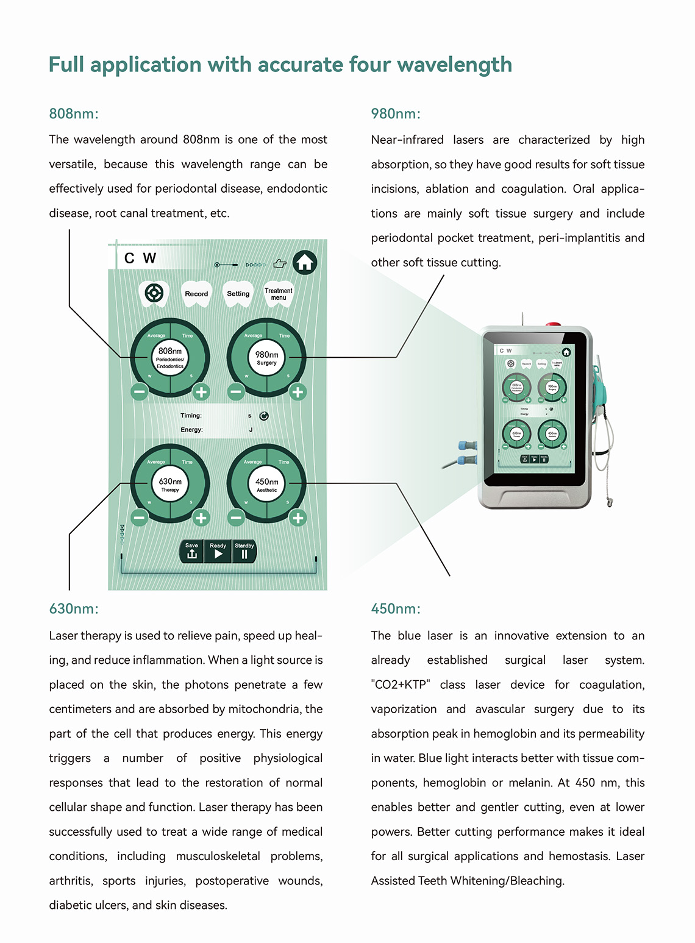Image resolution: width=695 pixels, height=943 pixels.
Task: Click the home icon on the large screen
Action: pyautogui.click(x=305, y=263)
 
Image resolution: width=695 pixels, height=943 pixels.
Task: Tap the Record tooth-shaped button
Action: pyautogui.click(x=196, y=294)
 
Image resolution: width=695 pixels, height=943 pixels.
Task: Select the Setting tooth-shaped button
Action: pyautogui.click(x=238, y=294)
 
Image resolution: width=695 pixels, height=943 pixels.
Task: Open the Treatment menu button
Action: pyautogui.click(x=279, y=294)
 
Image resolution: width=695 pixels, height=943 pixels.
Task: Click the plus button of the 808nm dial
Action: pyautogui.click(x=201, y=392)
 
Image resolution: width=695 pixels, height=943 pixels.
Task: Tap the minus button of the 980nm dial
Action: pyautogui.click(x=236, y=392)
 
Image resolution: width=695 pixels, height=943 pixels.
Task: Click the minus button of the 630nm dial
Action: pyautogui.click(x=139, y=518)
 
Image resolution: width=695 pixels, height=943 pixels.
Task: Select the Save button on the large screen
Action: pyautogui.click(x=191, y=551)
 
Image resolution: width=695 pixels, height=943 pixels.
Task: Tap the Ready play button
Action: pyautogui.click(x=218, y=551)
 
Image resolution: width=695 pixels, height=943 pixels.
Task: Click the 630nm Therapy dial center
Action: pyautogui.click(x=170, y=485)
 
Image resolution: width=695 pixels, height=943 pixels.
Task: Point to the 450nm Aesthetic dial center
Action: pyautogui.click(x=266, y=485)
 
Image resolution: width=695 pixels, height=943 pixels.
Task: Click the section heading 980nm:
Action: pyautogui.click(x=396, y=114)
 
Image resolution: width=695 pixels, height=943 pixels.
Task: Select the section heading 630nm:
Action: pyautogui.click(x=74, y=609)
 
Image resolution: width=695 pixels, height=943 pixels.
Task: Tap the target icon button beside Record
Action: pyautogui.click(x=154, y=294)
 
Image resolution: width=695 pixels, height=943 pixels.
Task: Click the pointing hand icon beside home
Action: pyautogui.click(x=280, y=264)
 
